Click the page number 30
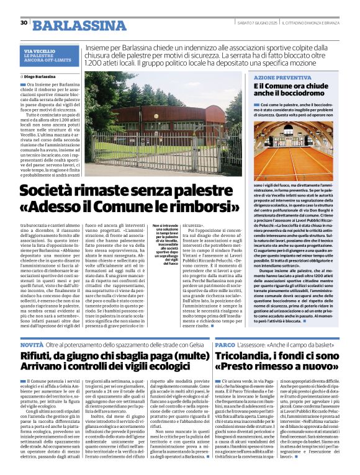[24, 23]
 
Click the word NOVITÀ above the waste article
[32, 344]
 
